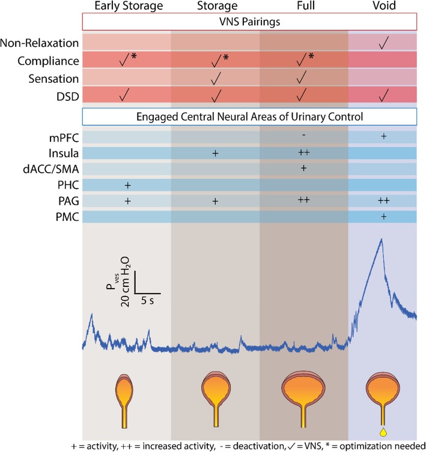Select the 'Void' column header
tap(383, 7)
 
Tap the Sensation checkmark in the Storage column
tap(215, 77)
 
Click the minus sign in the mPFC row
tap(304, 136)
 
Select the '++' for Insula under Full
tap(304, 153)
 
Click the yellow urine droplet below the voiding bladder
tap(383, 431)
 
